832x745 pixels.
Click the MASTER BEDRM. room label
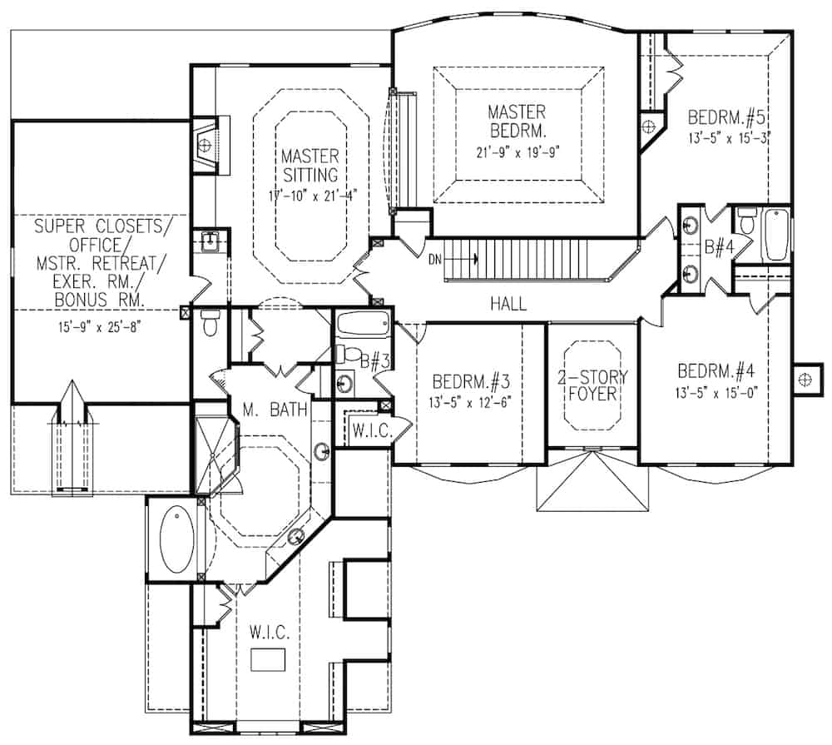[517, 121]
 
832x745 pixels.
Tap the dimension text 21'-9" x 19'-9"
[518, 152]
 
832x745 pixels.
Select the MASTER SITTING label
[310, 166]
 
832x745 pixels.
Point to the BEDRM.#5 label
[726, 117]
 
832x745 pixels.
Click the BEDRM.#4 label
[716, 370]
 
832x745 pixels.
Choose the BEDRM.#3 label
[471, 381]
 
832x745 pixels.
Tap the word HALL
[508, 304]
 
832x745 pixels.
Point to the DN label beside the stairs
[435, 260]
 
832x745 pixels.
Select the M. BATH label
[275, 410]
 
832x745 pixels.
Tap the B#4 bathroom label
[719, 247]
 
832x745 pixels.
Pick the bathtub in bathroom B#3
[364, 325]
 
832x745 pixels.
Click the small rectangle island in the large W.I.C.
[268, 659]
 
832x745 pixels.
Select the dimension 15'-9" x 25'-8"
[99, 326]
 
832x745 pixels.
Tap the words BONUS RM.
[100, 300]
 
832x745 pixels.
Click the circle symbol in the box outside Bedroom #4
[805, 379]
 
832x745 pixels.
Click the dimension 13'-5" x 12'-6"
[470, 403]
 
